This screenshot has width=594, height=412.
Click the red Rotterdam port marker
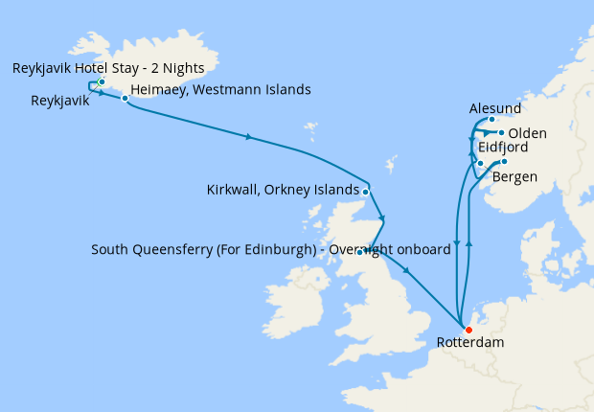[468, 331]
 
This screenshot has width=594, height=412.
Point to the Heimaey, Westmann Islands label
[219, 90]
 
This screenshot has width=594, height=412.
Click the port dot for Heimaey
[125, 98]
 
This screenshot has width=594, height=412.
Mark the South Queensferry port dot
[359, 252]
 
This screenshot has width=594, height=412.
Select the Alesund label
[495, 109]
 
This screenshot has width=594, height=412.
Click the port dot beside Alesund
[491, 121]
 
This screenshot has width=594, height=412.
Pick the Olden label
[528, 132]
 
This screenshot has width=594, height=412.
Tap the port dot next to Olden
[501, 132]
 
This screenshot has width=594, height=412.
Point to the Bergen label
[514, 177]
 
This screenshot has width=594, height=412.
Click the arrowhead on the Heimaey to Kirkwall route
[249, 138]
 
